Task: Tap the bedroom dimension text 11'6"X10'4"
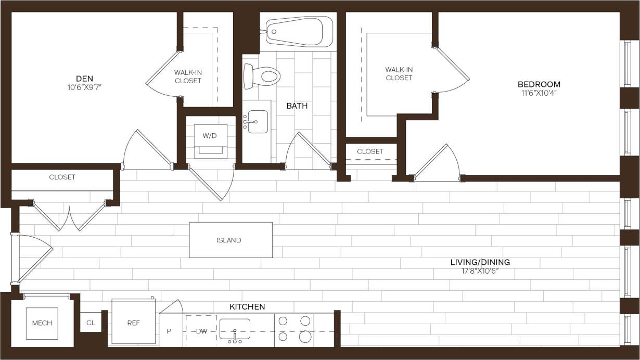pos(539,94)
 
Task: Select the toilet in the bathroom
pos(262,76)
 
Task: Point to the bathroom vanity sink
pos(257,122)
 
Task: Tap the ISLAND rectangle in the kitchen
pos(231,240)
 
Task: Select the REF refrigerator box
pos(133,322)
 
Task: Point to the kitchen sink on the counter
pos(235,329)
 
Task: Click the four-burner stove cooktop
pos(295,329)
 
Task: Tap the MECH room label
pos(42,323)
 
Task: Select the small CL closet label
pos(91,323)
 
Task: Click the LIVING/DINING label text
pos(480,262)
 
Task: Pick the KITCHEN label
pos(247,307)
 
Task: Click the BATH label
pos(297,106)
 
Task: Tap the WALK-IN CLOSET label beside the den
pos(188,76)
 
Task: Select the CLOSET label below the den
pos(62,177)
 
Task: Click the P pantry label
pos(169,331)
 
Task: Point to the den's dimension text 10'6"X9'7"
pos(81,87)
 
